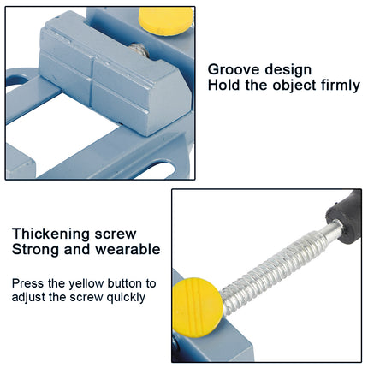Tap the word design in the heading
coord(289,69)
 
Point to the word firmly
coord(336,86)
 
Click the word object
coord(290,86)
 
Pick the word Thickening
coord(51,234)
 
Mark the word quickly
coord(123,297)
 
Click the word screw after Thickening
coord(120,234)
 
